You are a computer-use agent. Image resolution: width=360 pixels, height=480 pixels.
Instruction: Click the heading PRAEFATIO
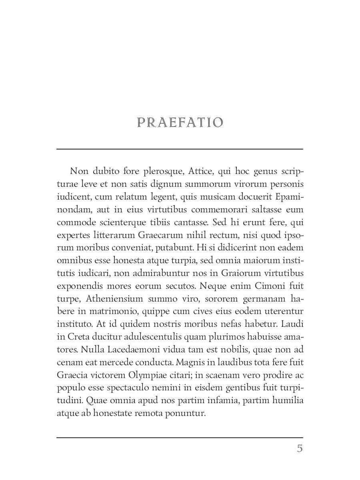[x=180, y=122]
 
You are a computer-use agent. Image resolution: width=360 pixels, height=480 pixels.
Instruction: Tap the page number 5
[x=300, y=448]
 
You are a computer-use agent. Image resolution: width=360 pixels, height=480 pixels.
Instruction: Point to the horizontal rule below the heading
[x=180, y=149]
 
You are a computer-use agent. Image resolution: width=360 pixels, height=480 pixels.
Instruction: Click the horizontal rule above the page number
[x=180, y=438]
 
